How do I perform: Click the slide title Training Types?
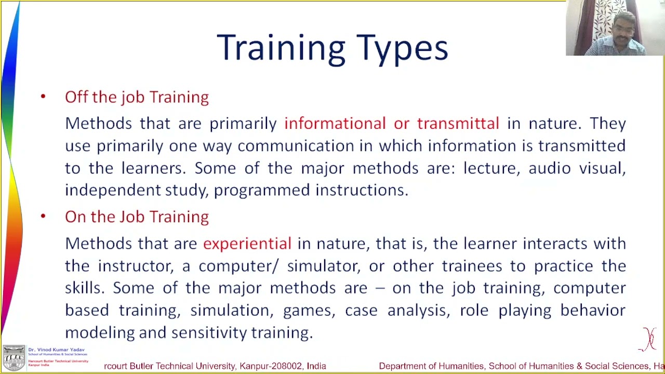pyautogui.click(x=332, y=48)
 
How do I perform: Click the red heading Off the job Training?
pyautogui.click(x=137, y=97)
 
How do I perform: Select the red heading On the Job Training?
pyautogui.click(x=137, y=217)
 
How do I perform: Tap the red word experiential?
pyautogui.click(x=247, y=244)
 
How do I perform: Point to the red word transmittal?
pyautogui.click(x=458, y=124)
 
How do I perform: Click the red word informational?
pyautogui.click(x=335, y=124)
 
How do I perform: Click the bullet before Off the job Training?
pyautogui.click(x=43, y=97)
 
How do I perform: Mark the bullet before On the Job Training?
pyautogui.click(x=43, y=216)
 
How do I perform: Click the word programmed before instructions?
pyautogui.click(x=261, y=191)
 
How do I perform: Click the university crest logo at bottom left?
pyautogui.click(x=14, y=357)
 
